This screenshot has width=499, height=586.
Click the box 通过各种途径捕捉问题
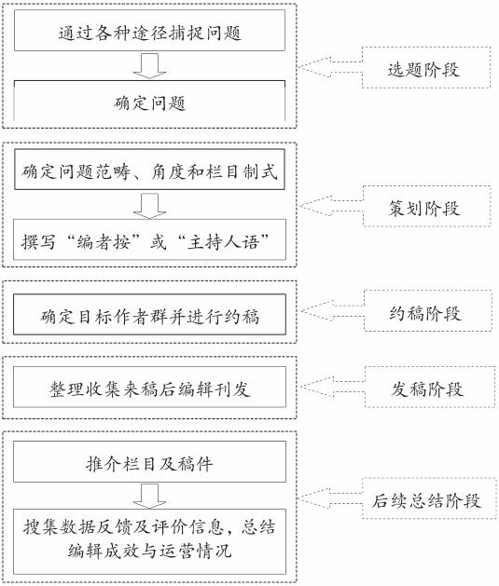[x=149, y=30]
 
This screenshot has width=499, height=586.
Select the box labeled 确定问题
[x=149, y=101]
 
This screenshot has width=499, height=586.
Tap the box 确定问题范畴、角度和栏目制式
[x=149, y=170]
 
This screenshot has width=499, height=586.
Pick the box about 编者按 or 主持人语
[x=149, y=239]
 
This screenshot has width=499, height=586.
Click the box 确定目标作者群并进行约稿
[x=149, y=314]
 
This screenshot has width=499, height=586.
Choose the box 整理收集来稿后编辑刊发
[x=149, y=387]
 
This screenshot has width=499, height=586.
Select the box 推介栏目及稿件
[x=149, y=461]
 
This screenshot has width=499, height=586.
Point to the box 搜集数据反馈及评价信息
[x=149, y=541]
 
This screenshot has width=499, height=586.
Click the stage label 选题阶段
[x=426, y=68]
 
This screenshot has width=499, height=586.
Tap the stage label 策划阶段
[x=427, y=206]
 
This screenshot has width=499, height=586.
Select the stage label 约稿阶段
[x=428, y=310]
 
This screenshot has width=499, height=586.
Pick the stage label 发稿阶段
[x=430, y=387]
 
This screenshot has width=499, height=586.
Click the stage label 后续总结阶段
[x=429, y=498]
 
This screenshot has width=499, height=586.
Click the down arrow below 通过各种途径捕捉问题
[x=149, y=66]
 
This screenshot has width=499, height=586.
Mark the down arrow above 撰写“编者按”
[x=149, y=206]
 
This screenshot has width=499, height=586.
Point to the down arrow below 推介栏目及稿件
[x=149, y=496]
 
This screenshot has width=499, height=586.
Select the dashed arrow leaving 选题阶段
[x=330, y=67]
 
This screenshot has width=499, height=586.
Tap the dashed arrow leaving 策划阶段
[x=331, y=206]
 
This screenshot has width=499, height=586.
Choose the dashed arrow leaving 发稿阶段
[x=333, y=387]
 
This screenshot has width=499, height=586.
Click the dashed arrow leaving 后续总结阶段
[x=330, y=497]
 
